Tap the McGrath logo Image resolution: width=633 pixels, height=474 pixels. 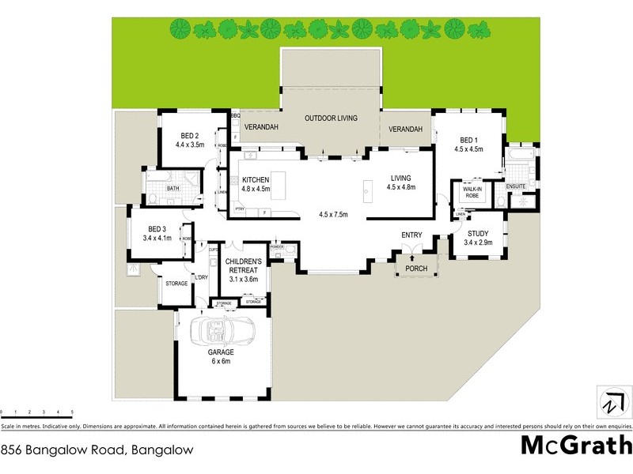click(575, 446)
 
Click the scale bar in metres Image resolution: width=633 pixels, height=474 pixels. click(37, 413)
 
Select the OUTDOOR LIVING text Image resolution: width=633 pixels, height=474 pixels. click(331, 118)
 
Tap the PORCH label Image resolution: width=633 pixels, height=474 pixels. click(416, 269)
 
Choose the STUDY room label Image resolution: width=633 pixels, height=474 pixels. click(479, 233)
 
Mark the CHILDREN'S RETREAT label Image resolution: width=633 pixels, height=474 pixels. click(244, 265)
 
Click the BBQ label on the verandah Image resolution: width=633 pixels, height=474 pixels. click(235, 117)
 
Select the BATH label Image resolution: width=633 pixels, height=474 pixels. click(172, 190)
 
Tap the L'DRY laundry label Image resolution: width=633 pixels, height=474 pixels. click(202, 277)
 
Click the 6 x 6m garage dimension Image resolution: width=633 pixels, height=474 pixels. click(221, 361)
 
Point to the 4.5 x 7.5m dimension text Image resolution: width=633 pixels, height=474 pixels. click(335, 214)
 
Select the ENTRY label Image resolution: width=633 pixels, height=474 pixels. click(411, 235)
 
